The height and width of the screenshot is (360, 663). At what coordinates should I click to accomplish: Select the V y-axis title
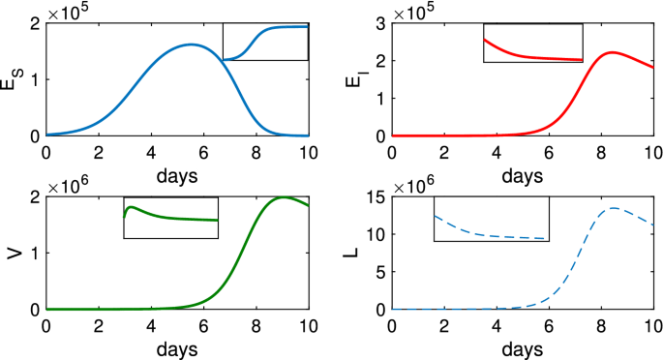11,254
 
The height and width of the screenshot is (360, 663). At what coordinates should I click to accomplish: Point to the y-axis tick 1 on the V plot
35,254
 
